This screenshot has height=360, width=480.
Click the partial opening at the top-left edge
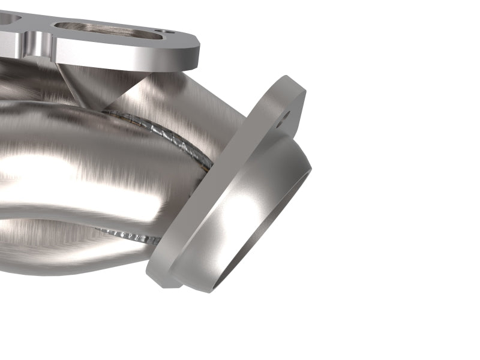pos(9,18)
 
